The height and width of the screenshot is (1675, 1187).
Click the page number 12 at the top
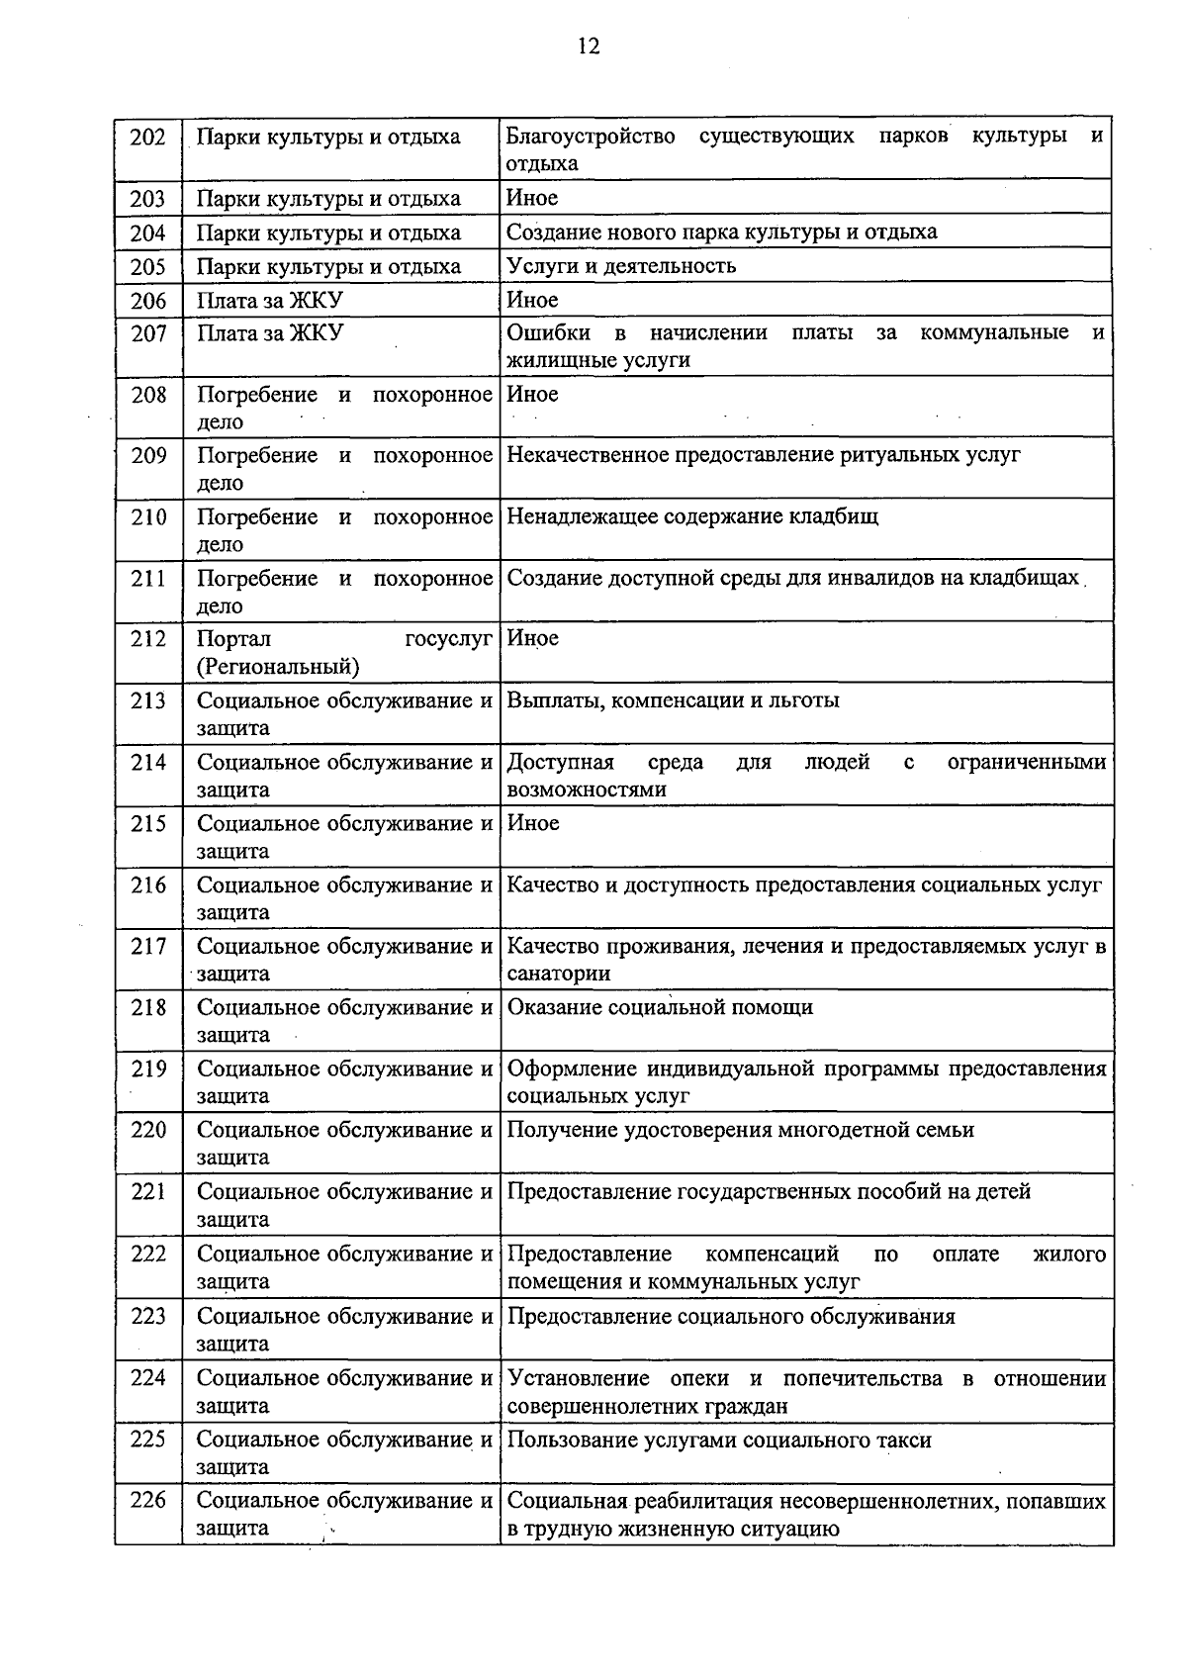tap(589, 47)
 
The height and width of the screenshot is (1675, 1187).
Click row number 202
tap(148, 137)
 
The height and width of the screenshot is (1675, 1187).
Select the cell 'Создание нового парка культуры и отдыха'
tap(721, 233)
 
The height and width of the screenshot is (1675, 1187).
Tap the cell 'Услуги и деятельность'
tap(621, 266)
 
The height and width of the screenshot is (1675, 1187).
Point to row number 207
tap(148, 333)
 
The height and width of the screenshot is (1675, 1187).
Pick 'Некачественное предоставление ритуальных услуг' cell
tap(763, 455)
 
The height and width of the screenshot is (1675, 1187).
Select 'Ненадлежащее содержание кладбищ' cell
tap(692, 516)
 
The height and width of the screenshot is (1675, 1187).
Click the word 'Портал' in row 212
tap(233, 639)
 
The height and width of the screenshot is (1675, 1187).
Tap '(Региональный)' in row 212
tap(278, 667)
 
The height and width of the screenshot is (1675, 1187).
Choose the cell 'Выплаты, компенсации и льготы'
tap(673, 700)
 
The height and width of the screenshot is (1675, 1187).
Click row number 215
tap(148, 823)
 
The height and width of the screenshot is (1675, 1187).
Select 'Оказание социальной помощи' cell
tap(660, 1007)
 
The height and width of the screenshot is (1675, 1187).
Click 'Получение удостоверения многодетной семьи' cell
tap(740, 1130)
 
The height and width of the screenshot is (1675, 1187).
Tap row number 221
tap(148, 1192)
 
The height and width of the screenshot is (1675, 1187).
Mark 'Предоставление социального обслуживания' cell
tap(731, 1317)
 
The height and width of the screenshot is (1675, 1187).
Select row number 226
tap(148, 1501)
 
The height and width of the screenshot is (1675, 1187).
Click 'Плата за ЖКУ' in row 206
tap(270, 301)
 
